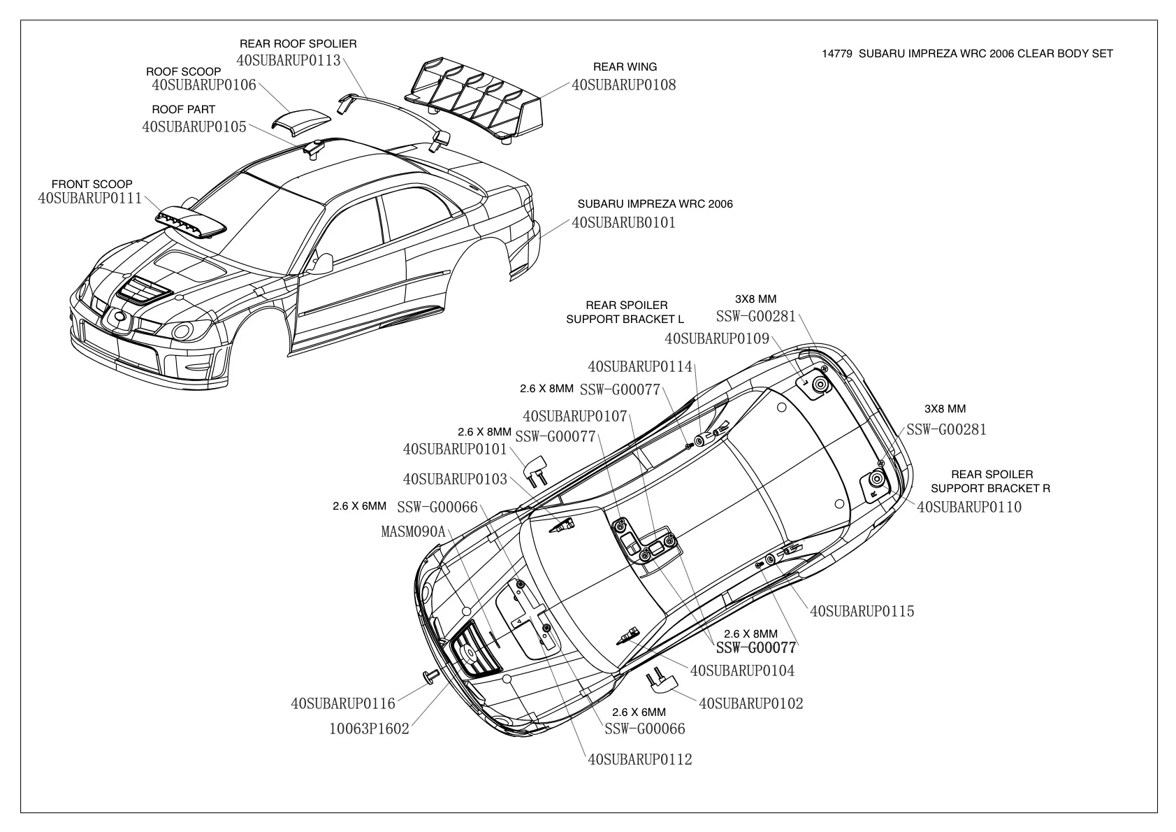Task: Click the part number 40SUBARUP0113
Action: (x=289, y=60)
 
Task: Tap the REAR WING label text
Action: (x=625, y=67)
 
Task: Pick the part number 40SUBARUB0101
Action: (x=623, y=223)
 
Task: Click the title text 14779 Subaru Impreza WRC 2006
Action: (x=967, y=53)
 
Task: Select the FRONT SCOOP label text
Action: (x=92, y=185)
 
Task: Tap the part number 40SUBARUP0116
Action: (x=343, y=703)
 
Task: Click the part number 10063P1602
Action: (x=369, y=729)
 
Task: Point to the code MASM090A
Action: (x=413, y=531)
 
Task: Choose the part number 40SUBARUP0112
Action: (x=639, y=759)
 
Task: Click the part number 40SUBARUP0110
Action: (x=968, y=507)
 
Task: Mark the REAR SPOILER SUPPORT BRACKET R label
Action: (x=990, y=481)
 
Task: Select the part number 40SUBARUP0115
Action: (x=862, y=612)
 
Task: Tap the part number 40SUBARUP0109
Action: (x=716, y=339)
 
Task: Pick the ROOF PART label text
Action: (x=183, y=110)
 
